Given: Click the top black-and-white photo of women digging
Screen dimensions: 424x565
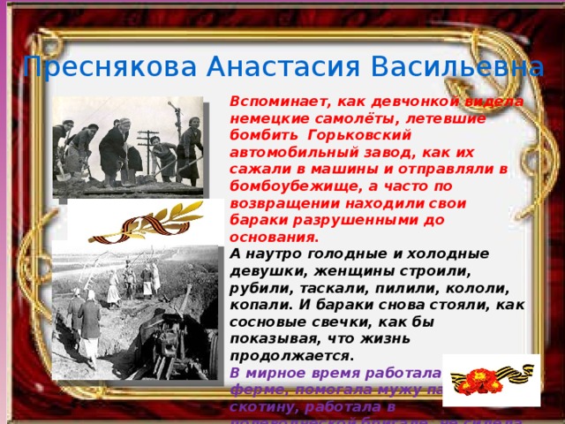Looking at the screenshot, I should click(127, 146).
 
